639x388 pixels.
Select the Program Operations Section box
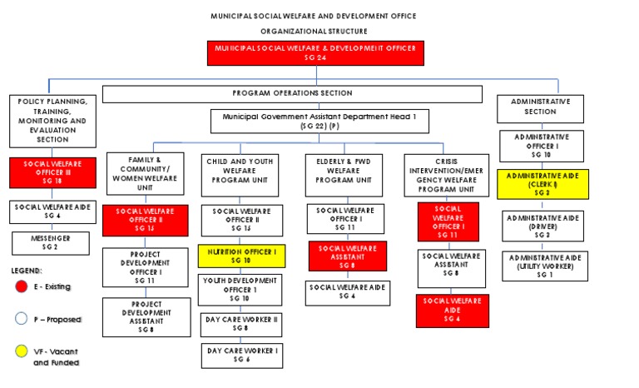click(x=292, y=93)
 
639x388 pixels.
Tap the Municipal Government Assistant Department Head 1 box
click(x=319, y=122)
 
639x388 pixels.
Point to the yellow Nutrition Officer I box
click(x=241, y=255)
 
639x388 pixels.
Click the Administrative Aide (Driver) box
click(x=544, y=226)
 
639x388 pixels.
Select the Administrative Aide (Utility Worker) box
click(x=544, y=266)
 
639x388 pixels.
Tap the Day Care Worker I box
click(x=241, y=356)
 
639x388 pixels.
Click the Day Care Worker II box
click(x=241, y=324)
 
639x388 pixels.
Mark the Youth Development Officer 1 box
click(x=241, y=290)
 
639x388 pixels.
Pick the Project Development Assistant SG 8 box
click(x=146, y=317)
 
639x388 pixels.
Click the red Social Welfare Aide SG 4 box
click(x=452, y=310)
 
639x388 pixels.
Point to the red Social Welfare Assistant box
click(x=347, y=256)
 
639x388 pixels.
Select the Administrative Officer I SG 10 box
click(x=544, y=145)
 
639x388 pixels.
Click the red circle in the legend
click(x=22, y=287)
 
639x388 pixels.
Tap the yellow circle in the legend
click(x=22, y=352)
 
